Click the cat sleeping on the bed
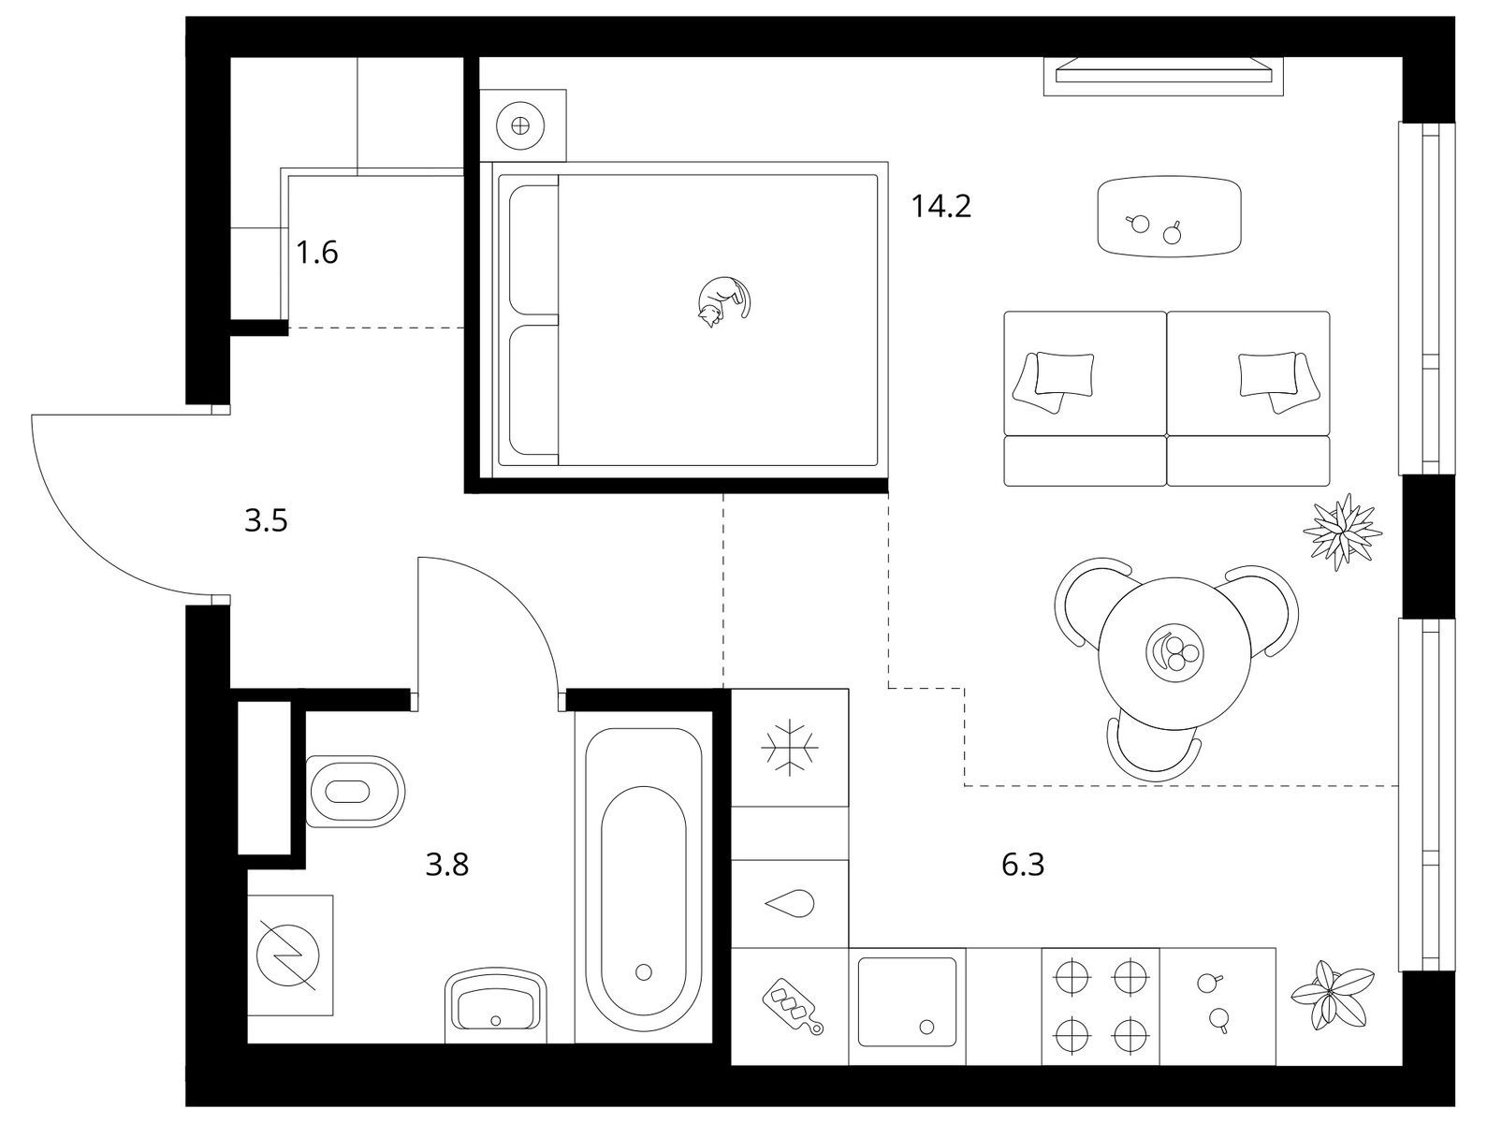coord(723,301)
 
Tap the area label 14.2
coord(941,206)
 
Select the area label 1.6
coord(317,253)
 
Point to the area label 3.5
coord(266,521)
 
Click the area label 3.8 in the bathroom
coord(447,865)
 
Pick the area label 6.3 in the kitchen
coord(1023,865)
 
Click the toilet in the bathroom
coord(355,791)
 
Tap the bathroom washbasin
coord(496,1006)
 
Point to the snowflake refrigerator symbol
coord(790,748)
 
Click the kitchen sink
coord(907,1001)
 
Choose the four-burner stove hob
coord(1101,1007)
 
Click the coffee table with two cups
coord(1169,217)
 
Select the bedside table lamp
coord(520,125)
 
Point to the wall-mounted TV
coord(1163,77)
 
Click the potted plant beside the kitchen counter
coord(1333,995)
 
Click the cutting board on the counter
coord(792,1007)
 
